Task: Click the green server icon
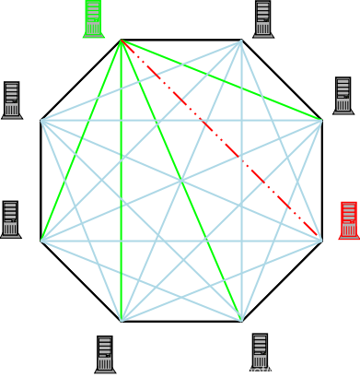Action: coord(93,18)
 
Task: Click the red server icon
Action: coord(348,220)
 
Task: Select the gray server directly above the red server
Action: coord(343,96)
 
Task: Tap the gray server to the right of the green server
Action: coord(262,19)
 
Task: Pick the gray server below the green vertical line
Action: coord(105,354)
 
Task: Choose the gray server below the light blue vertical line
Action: coord(260,352)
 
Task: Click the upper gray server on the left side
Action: coord(11,100)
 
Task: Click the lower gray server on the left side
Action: coord(10,219)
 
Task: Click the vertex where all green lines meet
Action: coord(121,41)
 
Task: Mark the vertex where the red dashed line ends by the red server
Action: coord(320,240)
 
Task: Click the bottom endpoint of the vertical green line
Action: coord(121,320)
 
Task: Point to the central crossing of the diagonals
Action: coord(180,181)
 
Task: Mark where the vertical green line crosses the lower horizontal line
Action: coord(121,241)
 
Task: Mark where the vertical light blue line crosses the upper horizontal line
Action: coord(241,120)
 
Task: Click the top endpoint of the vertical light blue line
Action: coord(241,41)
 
